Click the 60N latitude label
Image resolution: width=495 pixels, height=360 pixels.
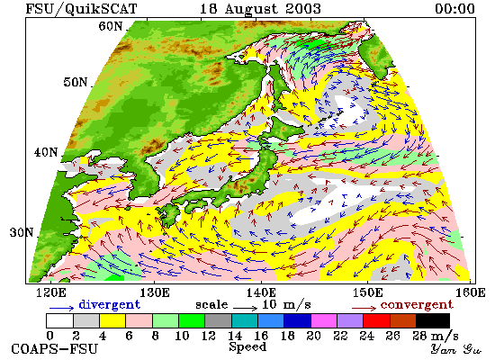pos(110,26)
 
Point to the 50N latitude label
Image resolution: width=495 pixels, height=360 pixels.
pos(75,82)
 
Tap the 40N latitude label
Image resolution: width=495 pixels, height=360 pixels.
pos(46,152)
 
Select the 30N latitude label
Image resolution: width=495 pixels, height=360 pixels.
pos(22,233)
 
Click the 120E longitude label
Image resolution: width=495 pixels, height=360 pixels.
pos(51,293)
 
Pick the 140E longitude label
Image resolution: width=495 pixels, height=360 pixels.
pos(262,293)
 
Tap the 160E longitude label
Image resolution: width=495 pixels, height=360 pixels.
pos(471,293)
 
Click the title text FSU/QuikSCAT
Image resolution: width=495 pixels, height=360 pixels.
pos(81,9)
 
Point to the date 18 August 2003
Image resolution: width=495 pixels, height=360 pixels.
pos(260,9)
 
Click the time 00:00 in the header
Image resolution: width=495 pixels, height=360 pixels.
pos(454,9)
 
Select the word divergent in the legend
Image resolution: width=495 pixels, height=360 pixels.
pos(109,305)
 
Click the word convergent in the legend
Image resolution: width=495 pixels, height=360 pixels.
pos(417,305)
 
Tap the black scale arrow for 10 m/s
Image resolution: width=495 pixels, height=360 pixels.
pos(246,308)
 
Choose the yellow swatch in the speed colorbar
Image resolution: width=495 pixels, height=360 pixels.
pos(112,320)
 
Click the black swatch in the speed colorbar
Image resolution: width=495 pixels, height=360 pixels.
pos(433,320)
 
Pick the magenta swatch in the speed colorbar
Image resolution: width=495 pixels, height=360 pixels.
pos(324,320)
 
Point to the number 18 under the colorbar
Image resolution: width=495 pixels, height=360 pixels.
pos(287,336)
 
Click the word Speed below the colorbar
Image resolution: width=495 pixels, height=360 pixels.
pos(247,346)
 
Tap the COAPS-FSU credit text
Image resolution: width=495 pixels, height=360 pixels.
pos(54,349)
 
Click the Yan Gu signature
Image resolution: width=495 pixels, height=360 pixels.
pos(456,349)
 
